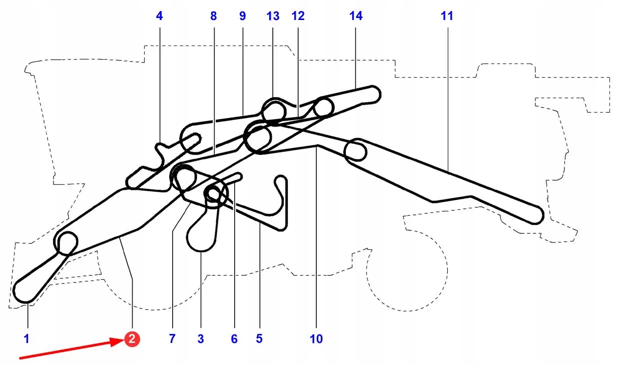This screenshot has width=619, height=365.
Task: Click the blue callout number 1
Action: coord(27,339)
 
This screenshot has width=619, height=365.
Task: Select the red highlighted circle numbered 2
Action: coord(132,339)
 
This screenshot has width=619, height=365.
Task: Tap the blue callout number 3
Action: coord(201,339)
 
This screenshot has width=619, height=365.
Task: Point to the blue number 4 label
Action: coord(159,16)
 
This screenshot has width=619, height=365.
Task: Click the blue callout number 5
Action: coord(259,339)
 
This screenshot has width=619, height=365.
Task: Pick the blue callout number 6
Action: coord(234,339)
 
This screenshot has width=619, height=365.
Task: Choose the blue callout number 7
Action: coord(172,339)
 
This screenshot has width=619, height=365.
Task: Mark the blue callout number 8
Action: coord(214,16)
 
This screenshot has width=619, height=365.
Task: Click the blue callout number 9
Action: coord(243,16)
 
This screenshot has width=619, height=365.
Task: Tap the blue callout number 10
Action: coord(316,339)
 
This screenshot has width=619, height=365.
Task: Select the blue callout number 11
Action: coord(447,16)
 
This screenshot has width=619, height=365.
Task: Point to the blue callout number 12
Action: coord(298,16)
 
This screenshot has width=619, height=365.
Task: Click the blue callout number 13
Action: coord(273,16)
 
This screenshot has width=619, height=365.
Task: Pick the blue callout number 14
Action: coord(356,16)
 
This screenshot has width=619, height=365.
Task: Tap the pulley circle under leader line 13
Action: coord(273,110)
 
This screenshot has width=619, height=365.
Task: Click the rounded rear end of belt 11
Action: coord(535,215)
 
